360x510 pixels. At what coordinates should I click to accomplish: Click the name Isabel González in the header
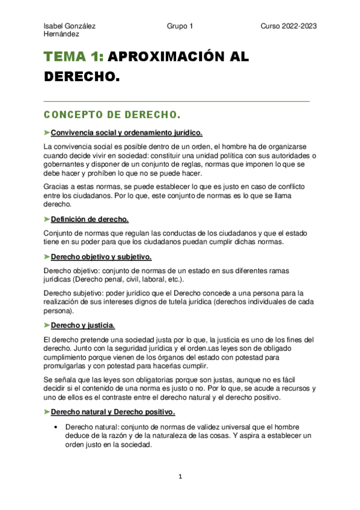(x=70, y=26)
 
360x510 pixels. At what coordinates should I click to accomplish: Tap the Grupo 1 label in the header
(x=180, y=26)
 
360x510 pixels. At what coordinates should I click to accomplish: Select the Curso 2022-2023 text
(x=288, y=26)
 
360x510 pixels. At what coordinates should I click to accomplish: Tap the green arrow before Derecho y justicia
(x=47, y=325)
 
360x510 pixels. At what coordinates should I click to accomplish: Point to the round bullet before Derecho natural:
(x=56, y=426)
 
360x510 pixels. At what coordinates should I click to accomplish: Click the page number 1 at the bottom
(x=180, y=477)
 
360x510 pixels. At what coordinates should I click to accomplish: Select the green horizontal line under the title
(x=177, y=101)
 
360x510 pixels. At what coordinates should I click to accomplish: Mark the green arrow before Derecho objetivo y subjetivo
(x=47, y=257)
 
